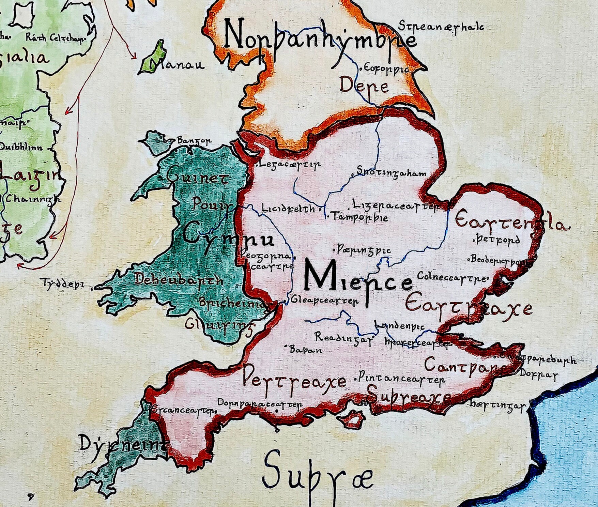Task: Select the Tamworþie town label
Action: [359, 217]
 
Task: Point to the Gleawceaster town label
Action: [324, 301]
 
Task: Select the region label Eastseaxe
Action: [469, 307]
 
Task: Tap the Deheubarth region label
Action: [179, 280]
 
